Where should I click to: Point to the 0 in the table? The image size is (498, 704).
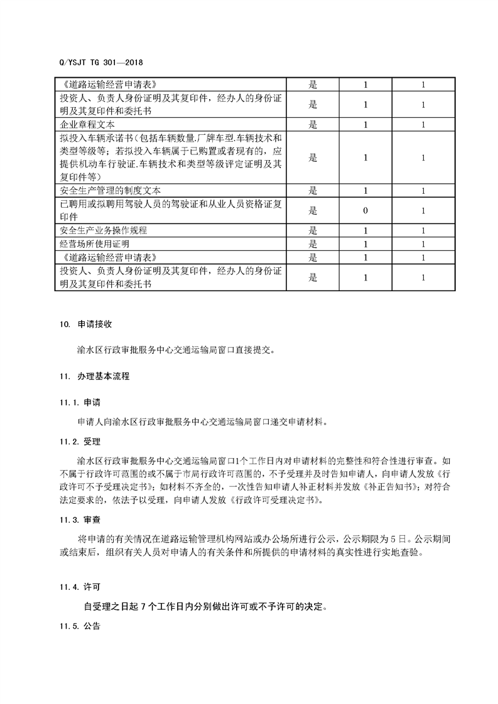[x=365, y=211]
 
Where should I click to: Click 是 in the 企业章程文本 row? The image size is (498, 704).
[x=313, y=124]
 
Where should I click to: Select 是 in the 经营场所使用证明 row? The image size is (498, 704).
[x=313, y=244]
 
